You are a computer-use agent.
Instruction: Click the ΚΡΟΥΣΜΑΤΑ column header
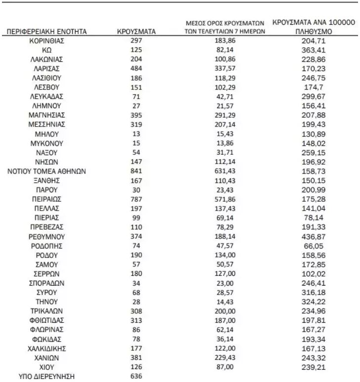click(136, 32)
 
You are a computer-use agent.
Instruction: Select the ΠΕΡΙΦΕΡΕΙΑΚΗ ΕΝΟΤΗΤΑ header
click(47, 32)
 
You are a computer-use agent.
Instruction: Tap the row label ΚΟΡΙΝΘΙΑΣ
click(47, 41)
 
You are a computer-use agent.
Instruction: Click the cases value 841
click(136, 171)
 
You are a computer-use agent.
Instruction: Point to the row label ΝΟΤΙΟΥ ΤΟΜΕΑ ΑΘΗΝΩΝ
click(47, 171)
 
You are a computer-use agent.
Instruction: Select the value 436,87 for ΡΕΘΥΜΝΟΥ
click(314, 237)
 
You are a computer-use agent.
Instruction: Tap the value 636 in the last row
click(136, 376)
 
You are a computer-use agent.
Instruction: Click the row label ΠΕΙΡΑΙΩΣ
click(47, 199)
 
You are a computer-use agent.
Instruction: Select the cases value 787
click(136, 199)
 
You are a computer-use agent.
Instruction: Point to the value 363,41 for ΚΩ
click(314, 50)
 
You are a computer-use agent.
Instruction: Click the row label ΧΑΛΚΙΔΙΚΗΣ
click(47, 348)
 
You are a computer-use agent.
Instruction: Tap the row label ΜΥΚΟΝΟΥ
click(47, 143)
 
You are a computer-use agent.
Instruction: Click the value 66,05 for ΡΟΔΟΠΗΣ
click(314, 246)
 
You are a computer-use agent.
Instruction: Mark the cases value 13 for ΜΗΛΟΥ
click(136, 134)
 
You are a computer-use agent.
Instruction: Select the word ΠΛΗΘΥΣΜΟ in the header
click(314, 32)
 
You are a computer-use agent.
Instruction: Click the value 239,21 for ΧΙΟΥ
click(314, 367)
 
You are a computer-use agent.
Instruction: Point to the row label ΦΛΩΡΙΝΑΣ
click(47, 330)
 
